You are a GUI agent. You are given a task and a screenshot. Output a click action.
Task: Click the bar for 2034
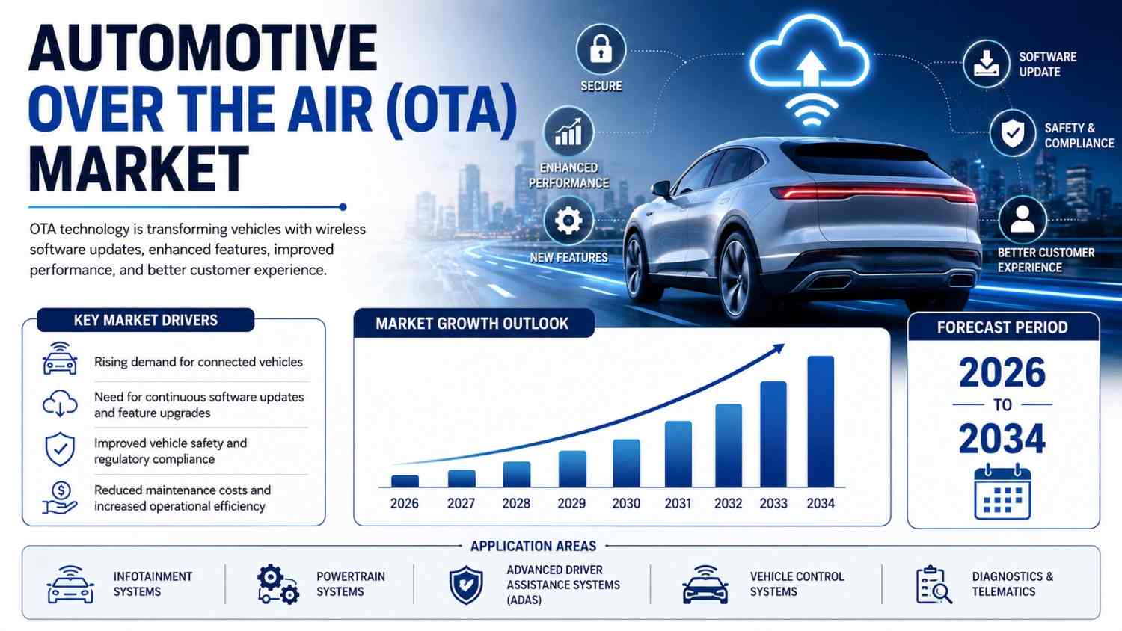click(x=821, y=422)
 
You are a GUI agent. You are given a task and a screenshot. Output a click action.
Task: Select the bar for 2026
click(x=405, y=481)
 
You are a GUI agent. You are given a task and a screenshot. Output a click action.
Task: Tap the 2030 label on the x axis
click(x=626, y=503)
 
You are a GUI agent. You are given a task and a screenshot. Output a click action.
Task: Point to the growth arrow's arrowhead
click(x=779, y=348)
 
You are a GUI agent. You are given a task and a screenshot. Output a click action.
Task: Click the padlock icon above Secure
click(x=601, y=49)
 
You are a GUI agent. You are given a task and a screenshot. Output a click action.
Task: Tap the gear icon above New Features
click(x=568, y=221)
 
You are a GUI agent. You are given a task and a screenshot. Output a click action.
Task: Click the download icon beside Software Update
click(x=987, y=64)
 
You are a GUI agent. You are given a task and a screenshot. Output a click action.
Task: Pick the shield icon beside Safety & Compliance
click(x=1013, y=133)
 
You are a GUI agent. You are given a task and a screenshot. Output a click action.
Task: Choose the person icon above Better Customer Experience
click(x=1023, y=220)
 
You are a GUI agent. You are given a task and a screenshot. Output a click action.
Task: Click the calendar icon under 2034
click(x=1002, y=492)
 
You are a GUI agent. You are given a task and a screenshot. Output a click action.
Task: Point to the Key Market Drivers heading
click(x=146, y=321)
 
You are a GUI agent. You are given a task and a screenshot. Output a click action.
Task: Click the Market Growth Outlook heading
click(x=472, y=324)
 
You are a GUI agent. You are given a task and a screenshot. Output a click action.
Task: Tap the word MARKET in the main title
click(x=138, y=168)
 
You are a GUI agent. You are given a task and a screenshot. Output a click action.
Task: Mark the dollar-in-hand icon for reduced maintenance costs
click(x=60, y=498)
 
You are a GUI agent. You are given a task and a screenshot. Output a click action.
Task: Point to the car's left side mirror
click(x=661, y=189)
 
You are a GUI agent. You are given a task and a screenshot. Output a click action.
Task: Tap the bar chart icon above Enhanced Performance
click(x=568, y=132)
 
